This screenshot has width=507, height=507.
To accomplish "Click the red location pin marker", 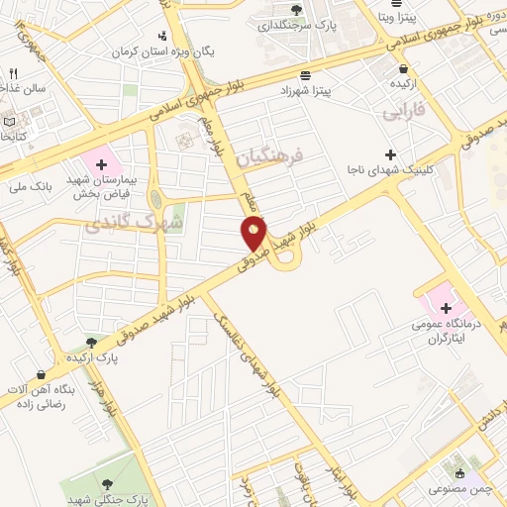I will point(254,234).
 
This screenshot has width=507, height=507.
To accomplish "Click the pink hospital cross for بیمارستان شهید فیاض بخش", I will point(101,160).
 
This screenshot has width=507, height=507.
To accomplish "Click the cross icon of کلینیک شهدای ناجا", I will point(391,153).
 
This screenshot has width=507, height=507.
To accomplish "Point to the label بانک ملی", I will point(27,185).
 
